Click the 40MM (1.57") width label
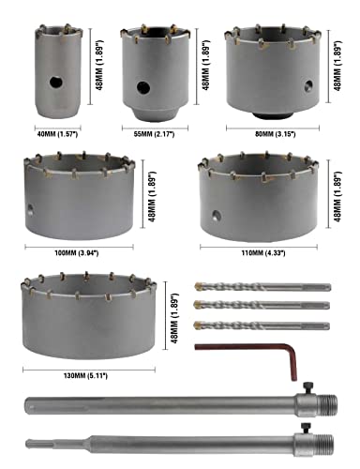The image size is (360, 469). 56,133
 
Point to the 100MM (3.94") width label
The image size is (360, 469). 82,251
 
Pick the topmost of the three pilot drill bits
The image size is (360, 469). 262,287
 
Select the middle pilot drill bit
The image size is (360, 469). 262,306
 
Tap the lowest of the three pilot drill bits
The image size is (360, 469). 262,325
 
